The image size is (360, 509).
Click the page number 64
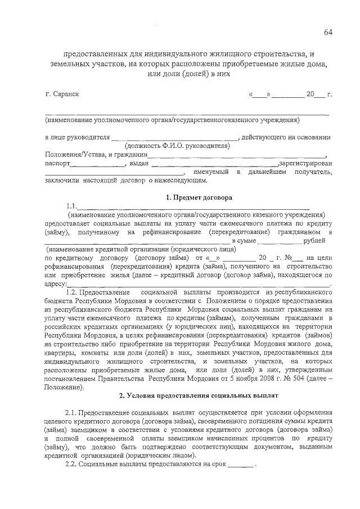(x=328, y=32)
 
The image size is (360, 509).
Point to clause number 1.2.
(x=73, y=293)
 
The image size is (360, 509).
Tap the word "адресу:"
(x=57, y=284)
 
